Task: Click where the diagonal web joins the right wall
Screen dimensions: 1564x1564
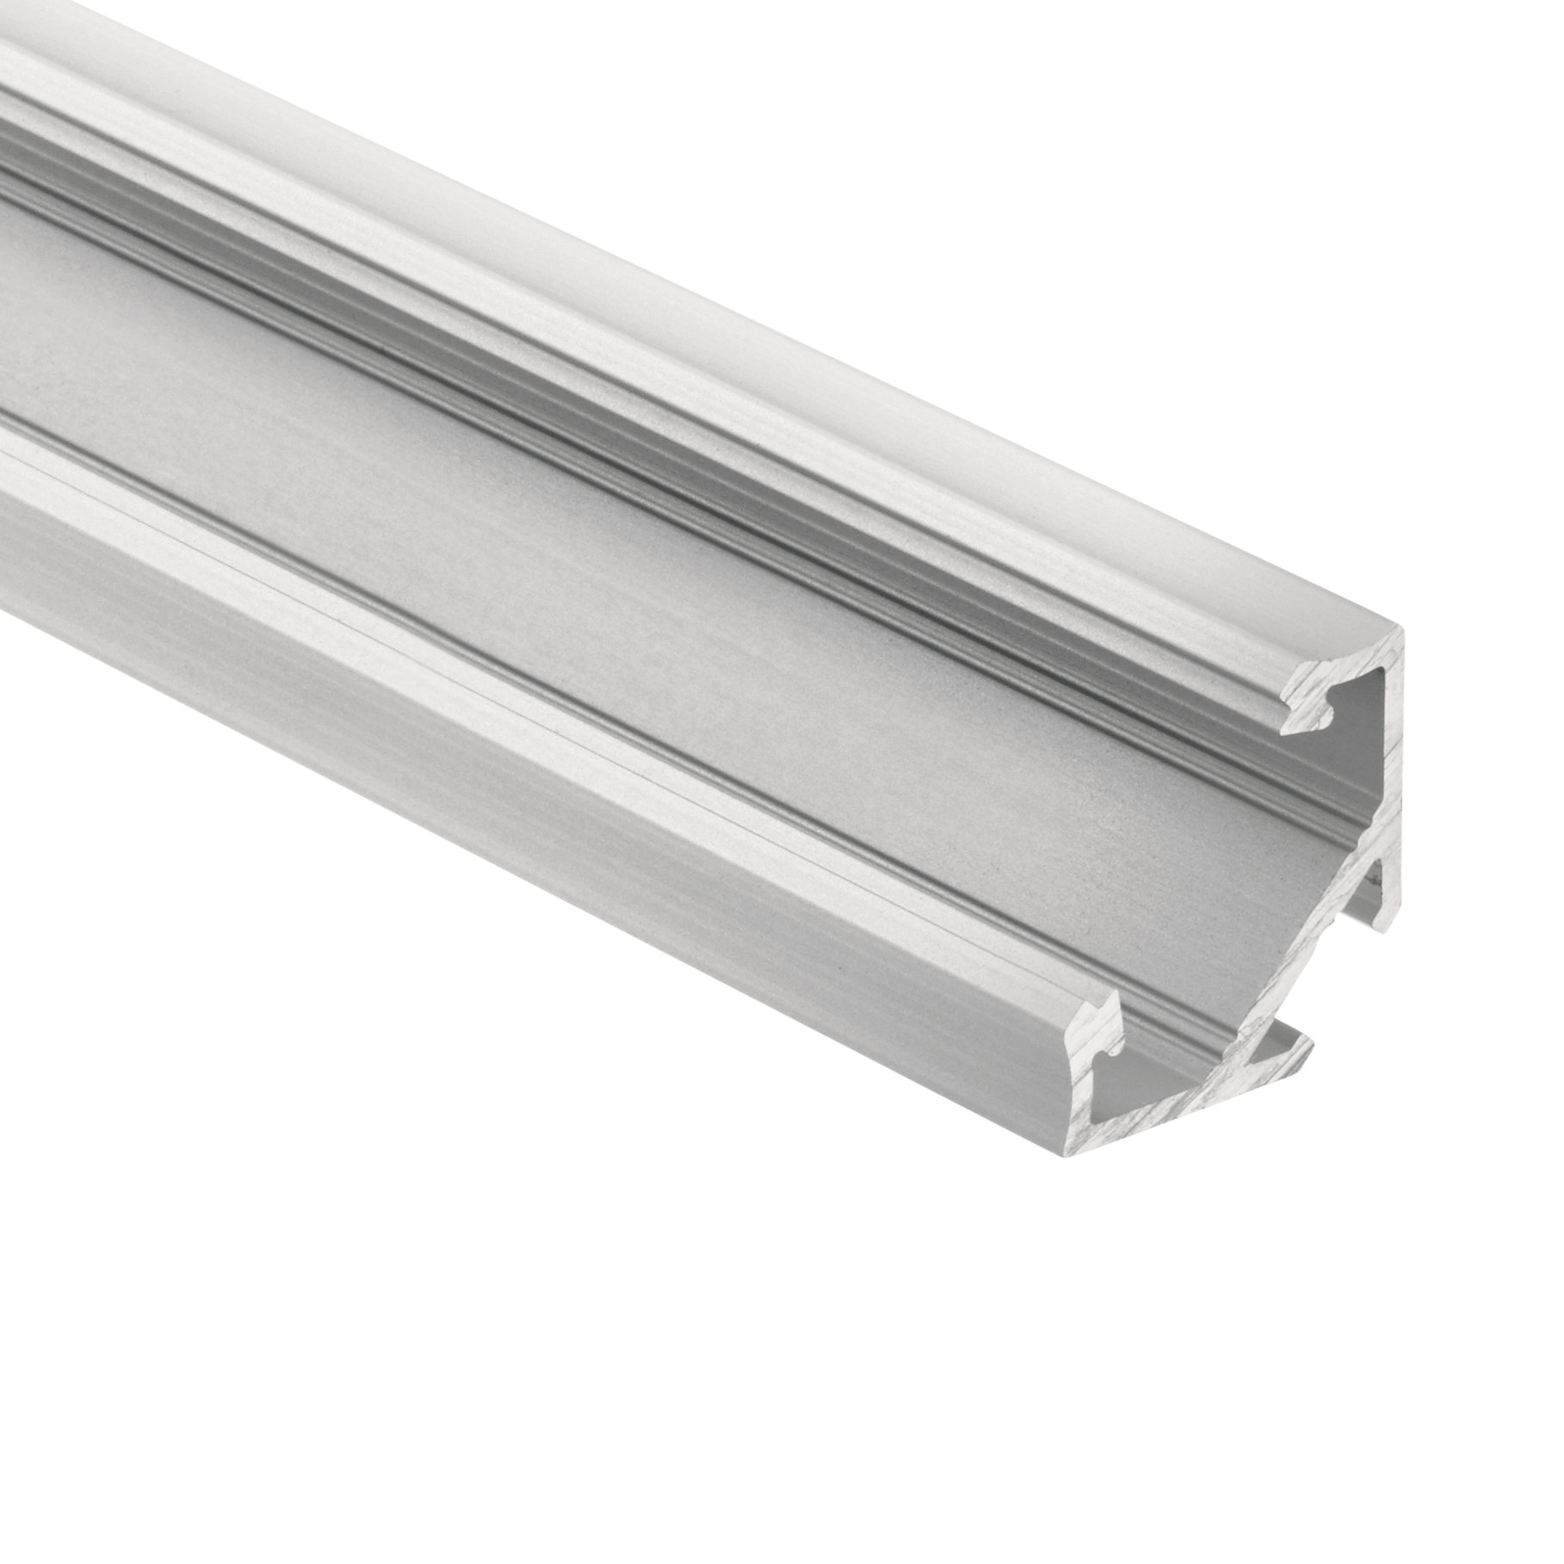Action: click(1388, 826)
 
